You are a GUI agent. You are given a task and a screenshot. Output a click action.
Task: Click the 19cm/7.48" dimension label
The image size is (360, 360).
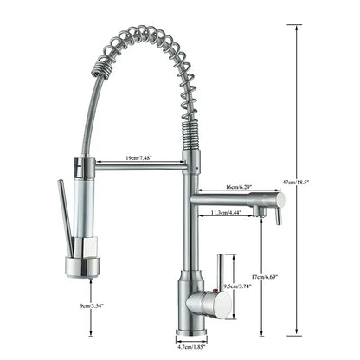click(x=141, y=158)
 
